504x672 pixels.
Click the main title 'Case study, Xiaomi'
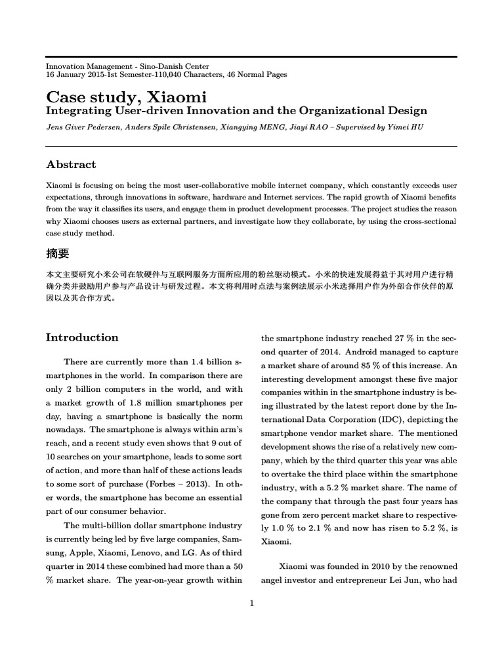coord(126,97)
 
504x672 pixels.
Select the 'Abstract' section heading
coord(71,165)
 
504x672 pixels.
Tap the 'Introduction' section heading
coord(82,338)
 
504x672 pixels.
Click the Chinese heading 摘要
coord(57,253)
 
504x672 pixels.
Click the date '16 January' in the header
coord(66,75)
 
